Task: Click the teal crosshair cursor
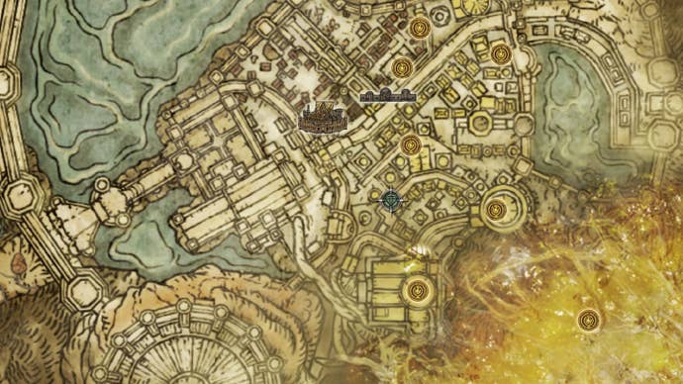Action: (x=393, y=200)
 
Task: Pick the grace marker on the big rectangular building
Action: (x=417, y=291)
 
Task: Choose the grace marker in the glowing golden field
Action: (x=590, y=320)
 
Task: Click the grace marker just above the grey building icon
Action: (x=401, y=68)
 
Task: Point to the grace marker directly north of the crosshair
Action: (x=410, y=146)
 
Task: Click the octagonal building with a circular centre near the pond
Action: (x=480, y=124)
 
